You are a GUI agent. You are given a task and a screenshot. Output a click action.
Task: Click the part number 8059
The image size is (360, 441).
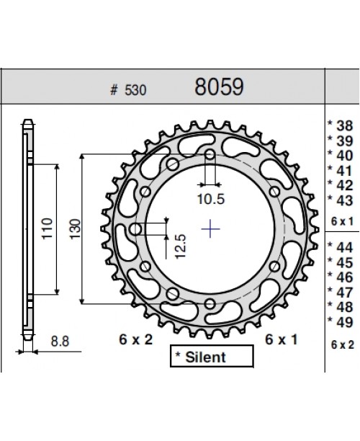click(x=220, y=89)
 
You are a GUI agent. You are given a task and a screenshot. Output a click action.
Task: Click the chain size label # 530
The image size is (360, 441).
click(x=124, y=91)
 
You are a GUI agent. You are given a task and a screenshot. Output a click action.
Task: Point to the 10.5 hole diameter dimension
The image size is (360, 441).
click(x=210, y=197)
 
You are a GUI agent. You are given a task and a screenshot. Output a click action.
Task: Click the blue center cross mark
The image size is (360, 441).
click(x=210, y=229)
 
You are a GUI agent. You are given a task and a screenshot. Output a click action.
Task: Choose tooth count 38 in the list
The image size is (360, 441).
click(x=342, y=125)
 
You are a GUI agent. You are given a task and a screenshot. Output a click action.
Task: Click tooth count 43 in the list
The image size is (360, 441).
click(x=342, y=200)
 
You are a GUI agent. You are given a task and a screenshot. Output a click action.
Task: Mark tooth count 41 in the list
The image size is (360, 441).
click(x=342, y=170)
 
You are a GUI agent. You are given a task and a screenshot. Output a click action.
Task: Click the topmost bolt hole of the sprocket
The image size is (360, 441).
click(x=210, y=155)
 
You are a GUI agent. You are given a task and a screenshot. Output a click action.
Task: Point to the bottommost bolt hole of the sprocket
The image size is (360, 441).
click(x=210, y=304)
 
